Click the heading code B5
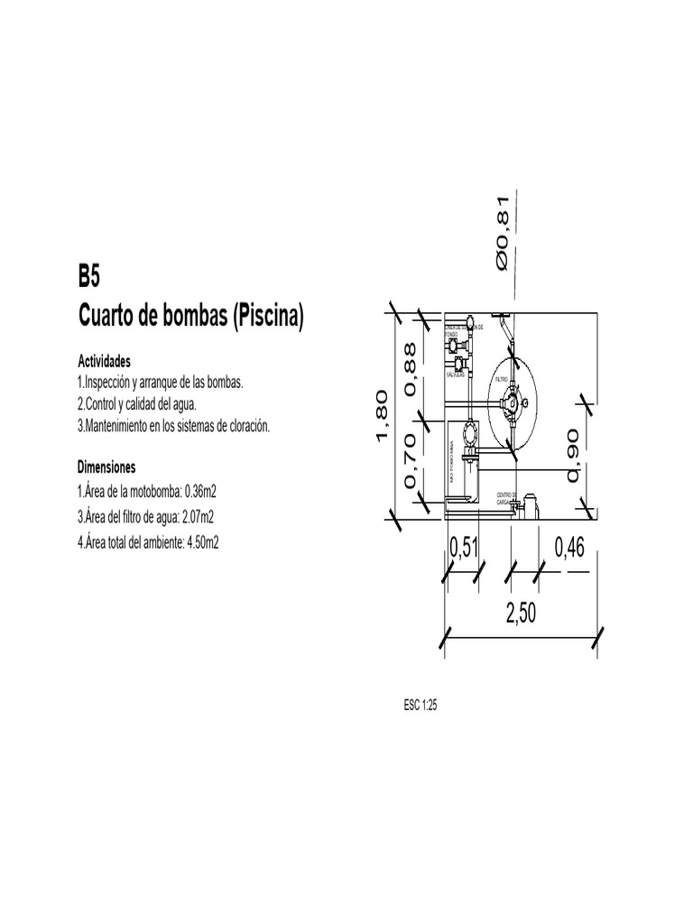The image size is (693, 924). [x=90, y=275]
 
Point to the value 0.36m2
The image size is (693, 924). [x=199, y=492]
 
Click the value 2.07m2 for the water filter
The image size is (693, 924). [x=197, y=517]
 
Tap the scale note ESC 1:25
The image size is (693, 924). [x=420, y=707]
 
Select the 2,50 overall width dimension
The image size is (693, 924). [x=521, y=614]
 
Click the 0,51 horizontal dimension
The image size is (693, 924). [x=464, y=546]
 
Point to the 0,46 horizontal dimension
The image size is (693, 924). [x=570, y=546]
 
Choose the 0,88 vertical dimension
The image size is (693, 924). [x=411, y=368]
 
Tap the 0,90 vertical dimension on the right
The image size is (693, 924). [x=573, y=456]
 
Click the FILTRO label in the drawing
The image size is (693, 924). [x=503, y=380]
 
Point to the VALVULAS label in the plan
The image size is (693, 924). [x=456, y=374]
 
